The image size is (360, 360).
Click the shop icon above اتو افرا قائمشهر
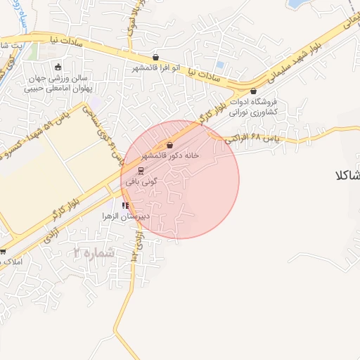pos(155,58)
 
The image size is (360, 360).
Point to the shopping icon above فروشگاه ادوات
pos(253,91)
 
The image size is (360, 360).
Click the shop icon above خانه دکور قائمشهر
pos(170,145)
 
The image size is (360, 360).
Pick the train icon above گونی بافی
pos(140,170)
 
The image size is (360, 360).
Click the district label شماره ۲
pos(92,252)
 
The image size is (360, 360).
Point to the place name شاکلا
pos(348,175)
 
